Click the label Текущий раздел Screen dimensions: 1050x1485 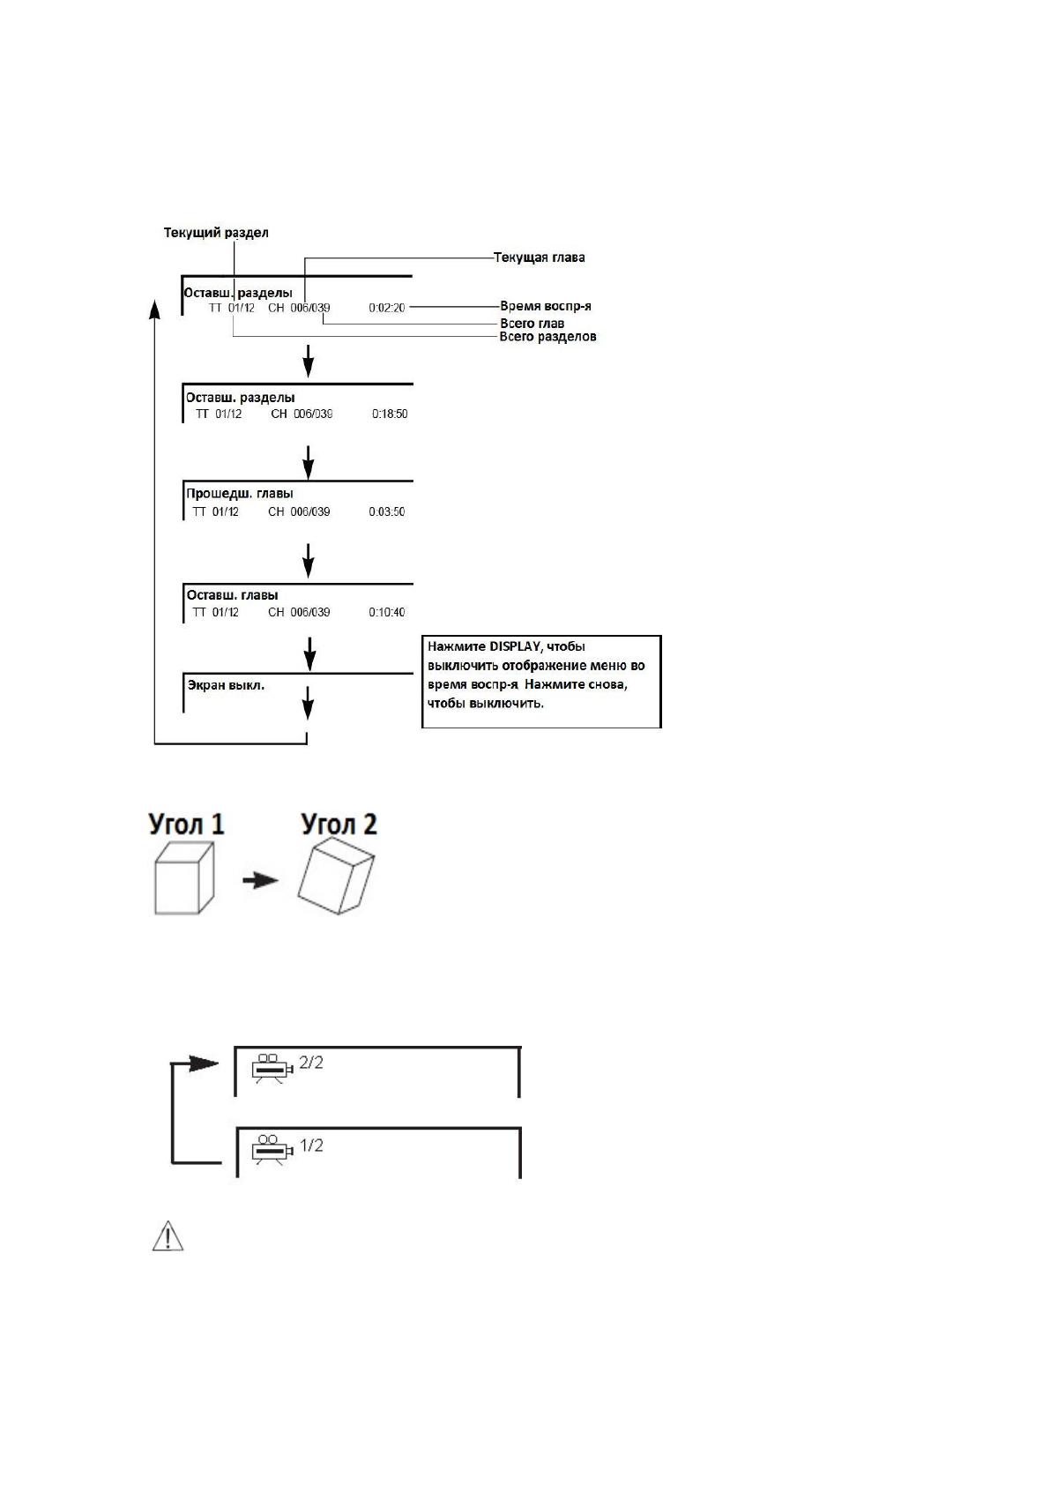click(x=216, y=233)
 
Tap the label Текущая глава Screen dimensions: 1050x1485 click(x=539, y=257)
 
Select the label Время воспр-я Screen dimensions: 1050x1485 click(x=545, y=306)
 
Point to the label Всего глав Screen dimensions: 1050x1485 click(x=532, y=323)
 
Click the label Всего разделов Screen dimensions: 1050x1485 click(x=547, y=336)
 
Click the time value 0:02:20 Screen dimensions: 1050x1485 click(x=387, y=308)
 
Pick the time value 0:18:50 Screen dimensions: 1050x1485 click(x=390, y=414)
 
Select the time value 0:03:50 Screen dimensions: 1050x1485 click(x=387, y=511)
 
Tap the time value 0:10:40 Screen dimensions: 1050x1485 click(x=387, y=612)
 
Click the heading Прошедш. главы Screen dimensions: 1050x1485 click(x=239, y=493)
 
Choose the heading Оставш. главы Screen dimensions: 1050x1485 click(x=232, y=595)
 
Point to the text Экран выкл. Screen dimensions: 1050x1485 click(x=226, y=684)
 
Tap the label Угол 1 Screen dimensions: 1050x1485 click(x=186, y=825)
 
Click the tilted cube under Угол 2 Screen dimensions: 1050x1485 click(x=336, y=879)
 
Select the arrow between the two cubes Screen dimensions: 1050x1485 click(x=259, y=879)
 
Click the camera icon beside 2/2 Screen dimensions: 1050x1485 click(x=271, y=1067)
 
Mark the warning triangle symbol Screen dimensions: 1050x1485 click(x=168, y=1236)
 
